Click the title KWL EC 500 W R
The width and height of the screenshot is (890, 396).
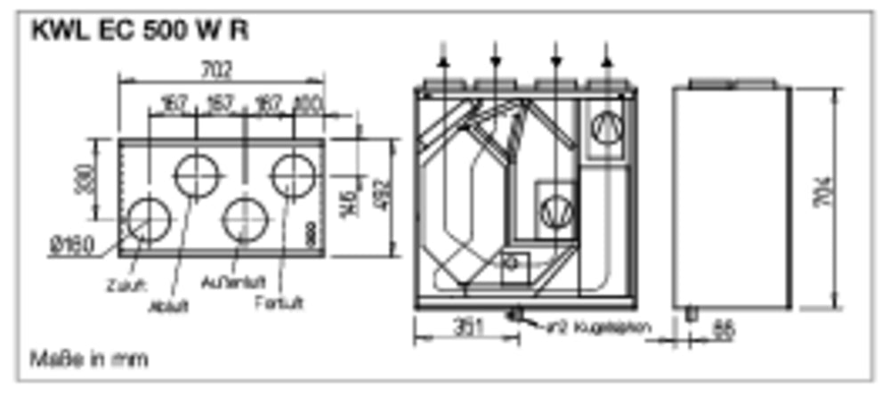(140, 31)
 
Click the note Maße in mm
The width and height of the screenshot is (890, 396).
(89, 360)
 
